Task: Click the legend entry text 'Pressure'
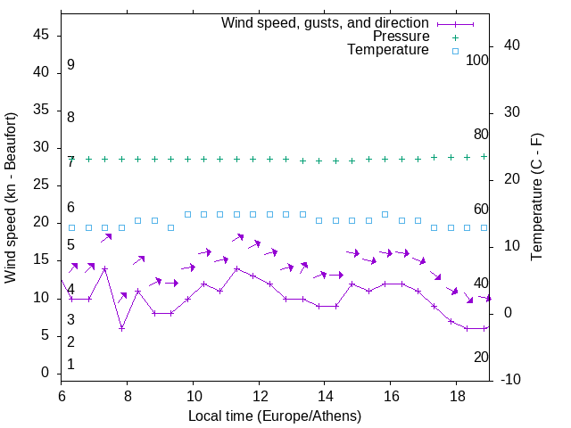401,37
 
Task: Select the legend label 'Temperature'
388,51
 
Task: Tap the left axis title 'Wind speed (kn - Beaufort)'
11,198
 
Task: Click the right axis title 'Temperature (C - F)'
536,198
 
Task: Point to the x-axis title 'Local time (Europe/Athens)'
275,416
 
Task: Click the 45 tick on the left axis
43,35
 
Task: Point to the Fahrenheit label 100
477,61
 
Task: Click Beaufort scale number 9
70,65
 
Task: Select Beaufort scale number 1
70,364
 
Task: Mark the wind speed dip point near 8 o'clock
121,328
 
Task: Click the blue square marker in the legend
455,51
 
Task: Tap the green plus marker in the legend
455,37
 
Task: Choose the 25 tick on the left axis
43,185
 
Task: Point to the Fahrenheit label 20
481,357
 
